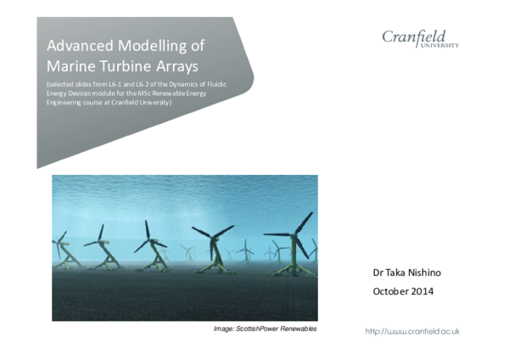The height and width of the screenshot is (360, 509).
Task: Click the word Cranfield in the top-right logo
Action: coord(419,36)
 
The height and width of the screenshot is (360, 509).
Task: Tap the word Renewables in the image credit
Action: coord(299,328)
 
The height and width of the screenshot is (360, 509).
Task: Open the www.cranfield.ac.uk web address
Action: coord(412,331)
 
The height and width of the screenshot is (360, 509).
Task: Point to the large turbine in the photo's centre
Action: coord(211,240)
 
